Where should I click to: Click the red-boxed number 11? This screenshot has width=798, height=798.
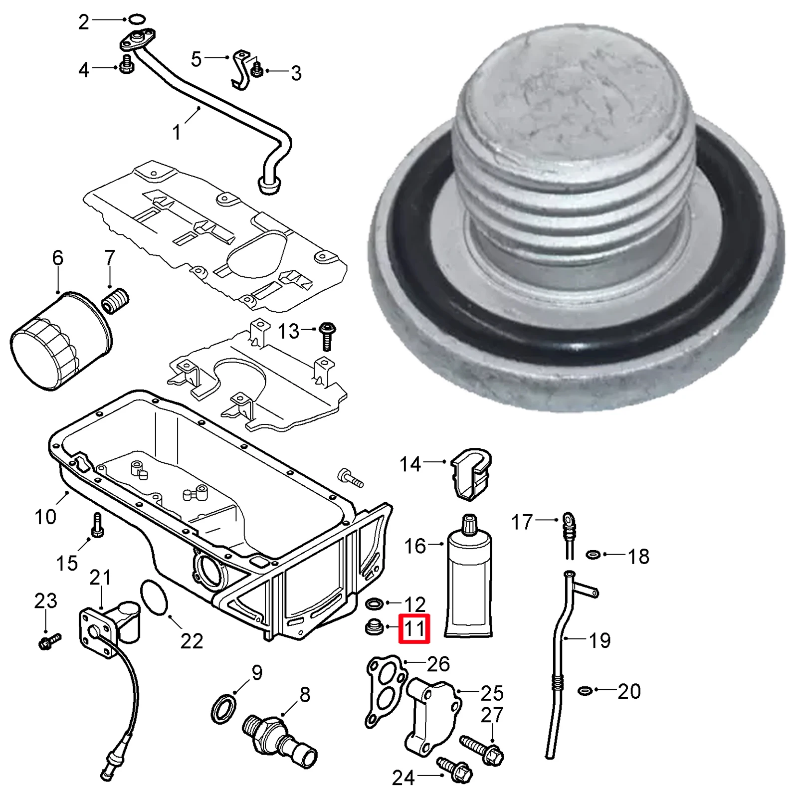tap(414, 629)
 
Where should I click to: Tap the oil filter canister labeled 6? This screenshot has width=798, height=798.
tap(60, 342)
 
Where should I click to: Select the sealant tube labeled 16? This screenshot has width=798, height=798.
tap(469, 579)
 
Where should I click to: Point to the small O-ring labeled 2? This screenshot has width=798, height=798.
tap(137, 19)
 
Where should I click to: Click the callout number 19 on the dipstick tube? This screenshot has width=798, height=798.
tap(599, 640)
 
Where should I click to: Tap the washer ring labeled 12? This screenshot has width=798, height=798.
tap(374, 604)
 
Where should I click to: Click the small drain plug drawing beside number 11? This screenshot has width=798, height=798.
tap(374, 627)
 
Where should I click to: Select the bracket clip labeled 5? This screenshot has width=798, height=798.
tap(241, 70)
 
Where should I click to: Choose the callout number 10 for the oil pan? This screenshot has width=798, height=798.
tap(45, 517)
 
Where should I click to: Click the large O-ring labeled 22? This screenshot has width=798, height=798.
tap(155, 597)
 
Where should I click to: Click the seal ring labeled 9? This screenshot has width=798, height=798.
tap(222, 709)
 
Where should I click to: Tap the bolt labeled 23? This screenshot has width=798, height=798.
tap(49, 640)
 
